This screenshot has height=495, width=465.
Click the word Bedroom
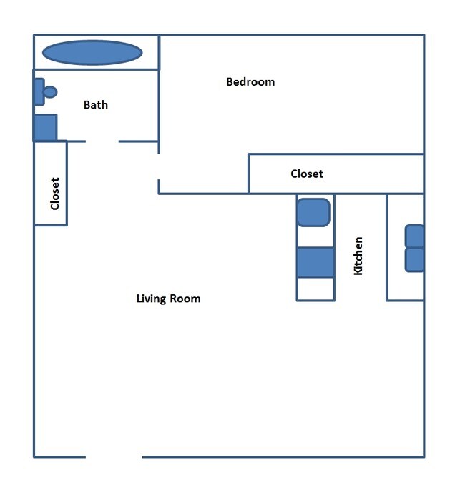coord(250,81)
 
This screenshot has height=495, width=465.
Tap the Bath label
coord(96,105)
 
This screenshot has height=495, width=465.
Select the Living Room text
coord(168,299)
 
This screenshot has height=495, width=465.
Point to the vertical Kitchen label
coord(358,256)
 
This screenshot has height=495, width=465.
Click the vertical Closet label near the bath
coord(55,193)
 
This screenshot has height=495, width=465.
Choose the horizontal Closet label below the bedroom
coord(307,174)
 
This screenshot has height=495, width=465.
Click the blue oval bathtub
coord(92,52)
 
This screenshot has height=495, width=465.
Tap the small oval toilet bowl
coord(50,91)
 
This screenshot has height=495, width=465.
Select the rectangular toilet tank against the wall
coord(39,91)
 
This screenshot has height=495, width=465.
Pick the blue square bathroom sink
coord(45,128)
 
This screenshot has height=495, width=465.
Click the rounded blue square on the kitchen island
coord(313,212)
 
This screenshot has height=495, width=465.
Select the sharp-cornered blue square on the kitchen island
coord(315,262)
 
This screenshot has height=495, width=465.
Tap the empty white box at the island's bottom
coord(315,289)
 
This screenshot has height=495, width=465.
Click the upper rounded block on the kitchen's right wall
coord(415,236)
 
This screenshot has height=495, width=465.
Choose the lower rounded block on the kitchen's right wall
coord(415,260)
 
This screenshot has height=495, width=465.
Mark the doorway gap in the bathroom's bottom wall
coord(102,141)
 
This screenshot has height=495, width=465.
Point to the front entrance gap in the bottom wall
coord(114,456)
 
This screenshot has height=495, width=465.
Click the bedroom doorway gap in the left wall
coord(159,166)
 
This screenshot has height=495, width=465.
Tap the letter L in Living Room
coord(139,299)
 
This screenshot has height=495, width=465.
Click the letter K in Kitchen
coord(358,271)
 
